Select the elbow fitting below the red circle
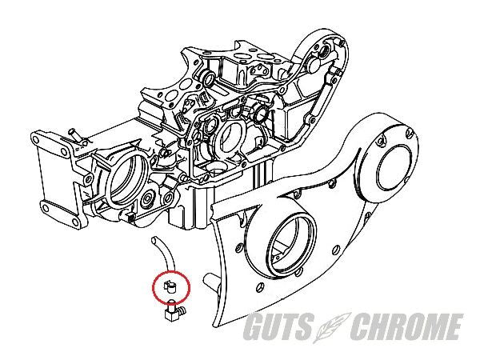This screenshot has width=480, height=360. [x=174, y=311]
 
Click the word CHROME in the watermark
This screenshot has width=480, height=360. [x=406, y=326]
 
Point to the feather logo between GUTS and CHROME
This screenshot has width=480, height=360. [x=333, y=327]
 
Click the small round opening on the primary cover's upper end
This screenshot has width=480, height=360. [x=395, y=168]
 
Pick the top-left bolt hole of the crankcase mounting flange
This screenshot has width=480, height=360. [x=35, y=140]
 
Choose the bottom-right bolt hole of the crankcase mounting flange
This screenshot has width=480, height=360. [x=75, y=222]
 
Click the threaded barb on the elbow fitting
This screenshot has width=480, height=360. [x=182, y=311]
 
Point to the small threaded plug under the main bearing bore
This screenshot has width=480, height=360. [x=130, y=216]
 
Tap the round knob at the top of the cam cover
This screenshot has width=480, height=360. [x=314, y=62]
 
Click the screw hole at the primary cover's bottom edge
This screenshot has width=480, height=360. [x=258, y=286]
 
